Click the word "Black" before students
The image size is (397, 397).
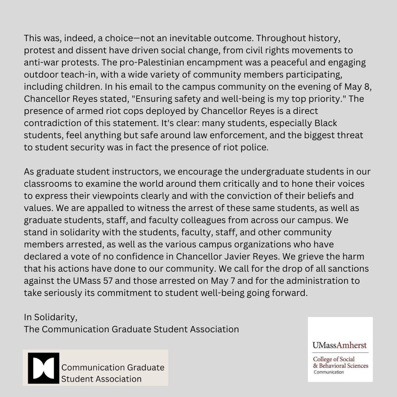click(330, 123)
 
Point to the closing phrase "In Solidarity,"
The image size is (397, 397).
click(51, 317)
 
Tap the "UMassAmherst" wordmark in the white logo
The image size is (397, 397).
click(340, 345)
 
